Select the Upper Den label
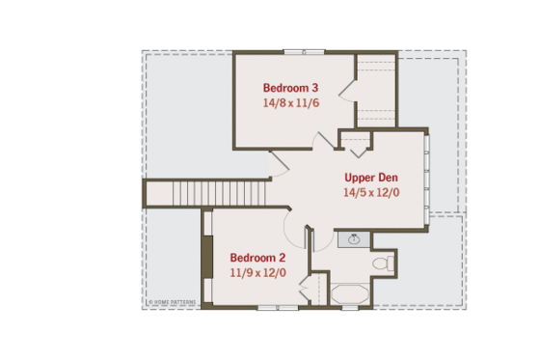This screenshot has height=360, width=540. click(370, 178)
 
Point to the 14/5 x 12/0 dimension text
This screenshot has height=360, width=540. click(370, 192)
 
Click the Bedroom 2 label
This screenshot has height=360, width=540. click(257, 258)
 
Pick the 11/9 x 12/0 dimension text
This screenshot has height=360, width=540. click(257, 272)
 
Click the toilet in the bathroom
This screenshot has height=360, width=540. click(383, 262)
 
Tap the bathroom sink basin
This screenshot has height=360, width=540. click(354, 239)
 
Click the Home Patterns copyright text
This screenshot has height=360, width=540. click(172, 302)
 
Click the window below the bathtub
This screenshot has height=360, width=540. click(350, 308)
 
